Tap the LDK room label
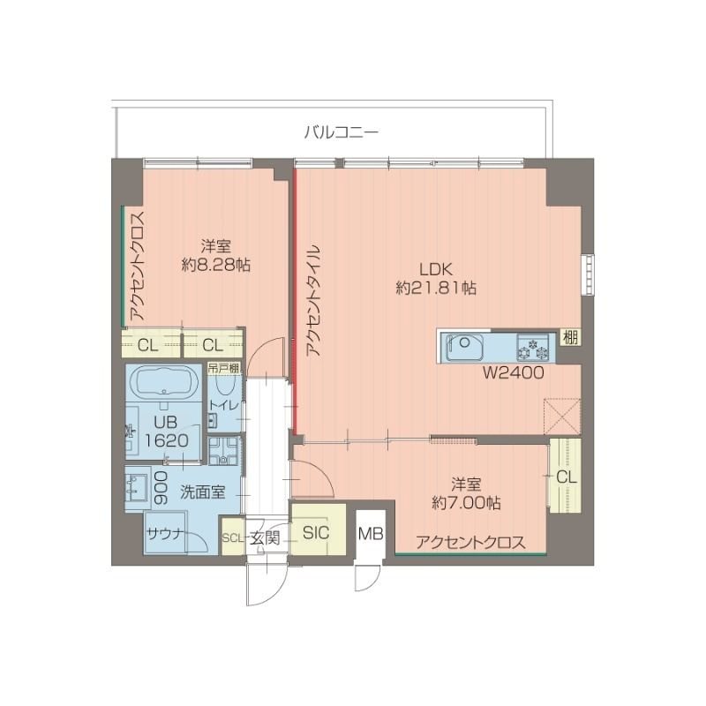click(436, 268)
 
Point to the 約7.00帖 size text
click(466, 503)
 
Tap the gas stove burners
click(533, 347)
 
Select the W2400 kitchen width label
click(512, 373)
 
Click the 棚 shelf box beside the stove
click(571, 338)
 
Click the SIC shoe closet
click(316, 533)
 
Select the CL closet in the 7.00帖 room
click(565, 477)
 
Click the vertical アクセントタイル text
click(313, 299)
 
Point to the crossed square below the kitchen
click(560, 414)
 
